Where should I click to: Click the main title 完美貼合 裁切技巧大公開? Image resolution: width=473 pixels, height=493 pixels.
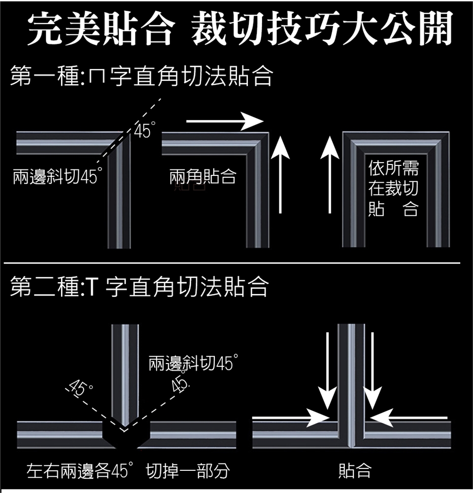click(240, 29)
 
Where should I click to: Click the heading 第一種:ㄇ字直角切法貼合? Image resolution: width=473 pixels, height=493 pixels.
click(141, 77)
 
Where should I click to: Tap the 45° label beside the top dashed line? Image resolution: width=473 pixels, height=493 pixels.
click(142, 131)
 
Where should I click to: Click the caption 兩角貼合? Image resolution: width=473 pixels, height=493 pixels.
click(203, 176)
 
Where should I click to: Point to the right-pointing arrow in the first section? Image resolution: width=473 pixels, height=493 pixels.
click(225, 121)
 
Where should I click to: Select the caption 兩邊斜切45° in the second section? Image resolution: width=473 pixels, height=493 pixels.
click(190, 364)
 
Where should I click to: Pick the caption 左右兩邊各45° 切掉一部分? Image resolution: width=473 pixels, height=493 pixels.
click(128, 471)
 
